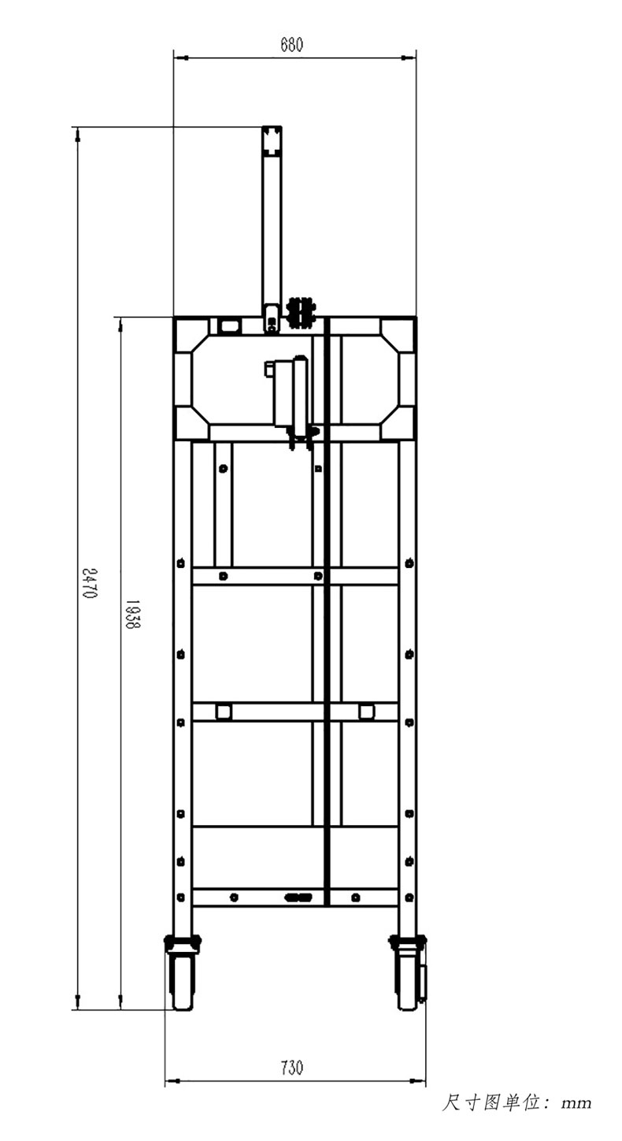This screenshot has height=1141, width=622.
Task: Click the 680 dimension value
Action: (291, 45)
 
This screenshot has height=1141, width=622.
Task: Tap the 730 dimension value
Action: (292, 1067)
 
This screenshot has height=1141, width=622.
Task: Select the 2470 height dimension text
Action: (89, 583)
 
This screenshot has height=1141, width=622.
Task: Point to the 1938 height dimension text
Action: (133, 614)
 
